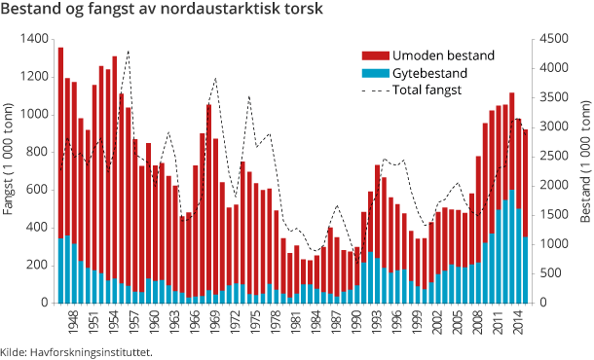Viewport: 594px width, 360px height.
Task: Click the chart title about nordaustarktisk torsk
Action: [165, 11]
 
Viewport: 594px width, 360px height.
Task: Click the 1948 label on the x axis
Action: [68, 317]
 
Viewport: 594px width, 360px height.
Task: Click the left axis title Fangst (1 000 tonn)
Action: [10, 170]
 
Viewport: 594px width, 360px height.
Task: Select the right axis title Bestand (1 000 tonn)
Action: [583, 170]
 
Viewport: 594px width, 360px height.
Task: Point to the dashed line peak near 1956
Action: [128, 51]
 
